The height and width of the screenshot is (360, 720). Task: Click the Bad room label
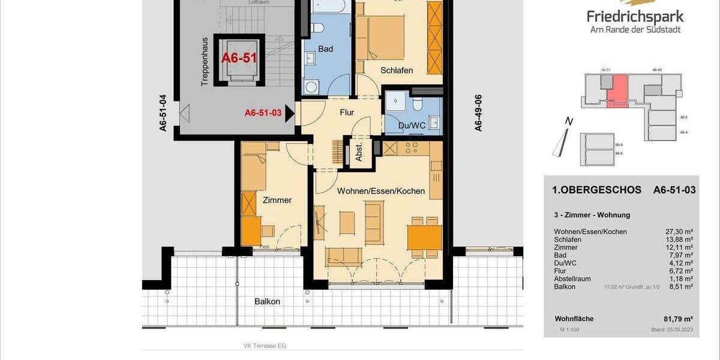[325, 49]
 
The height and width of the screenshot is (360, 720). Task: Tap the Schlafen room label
[397, 70]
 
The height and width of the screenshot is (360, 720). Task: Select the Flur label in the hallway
[346, 112]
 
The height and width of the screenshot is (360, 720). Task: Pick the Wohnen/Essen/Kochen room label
[381, 191]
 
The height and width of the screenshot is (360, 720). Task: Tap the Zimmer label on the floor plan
[277, 200]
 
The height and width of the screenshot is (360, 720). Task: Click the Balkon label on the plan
[267, 302]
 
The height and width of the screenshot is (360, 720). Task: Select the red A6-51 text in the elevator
[239, 58]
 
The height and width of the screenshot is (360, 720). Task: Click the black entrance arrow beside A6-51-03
[290, 112]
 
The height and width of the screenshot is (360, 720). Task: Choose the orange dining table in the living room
[424, 235]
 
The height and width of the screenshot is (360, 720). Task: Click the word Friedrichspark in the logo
[636, 17]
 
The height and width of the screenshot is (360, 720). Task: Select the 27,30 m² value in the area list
[681, 232]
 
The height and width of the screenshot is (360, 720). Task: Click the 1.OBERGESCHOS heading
[596, 190]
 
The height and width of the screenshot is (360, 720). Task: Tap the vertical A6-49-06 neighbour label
[478, 113]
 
